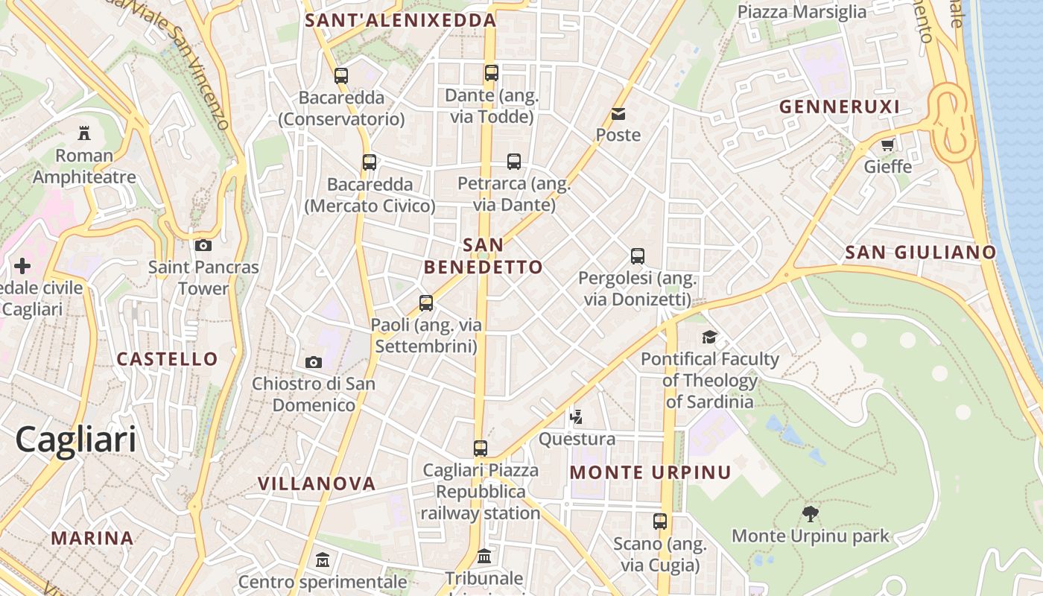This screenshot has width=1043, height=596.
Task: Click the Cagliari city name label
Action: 76,440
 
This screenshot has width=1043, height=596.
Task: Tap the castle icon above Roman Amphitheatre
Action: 84,133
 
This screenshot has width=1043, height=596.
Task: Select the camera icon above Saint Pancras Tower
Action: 203,245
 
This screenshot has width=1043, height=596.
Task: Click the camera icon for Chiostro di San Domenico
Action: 314,362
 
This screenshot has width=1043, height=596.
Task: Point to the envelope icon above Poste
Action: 618,114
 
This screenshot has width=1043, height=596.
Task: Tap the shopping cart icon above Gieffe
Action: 887,145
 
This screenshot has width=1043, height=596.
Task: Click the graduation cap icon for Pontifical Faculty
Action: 709,337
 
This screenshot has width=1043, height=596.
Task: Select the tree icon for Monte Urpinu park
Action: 811,513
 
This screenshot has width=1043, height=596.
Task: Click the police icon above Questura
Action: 576,417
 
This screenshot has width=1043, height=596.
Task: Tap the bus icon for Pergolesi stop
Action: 638,256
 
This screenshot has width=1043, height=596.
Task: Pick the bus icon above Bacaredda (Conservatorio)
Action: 341,75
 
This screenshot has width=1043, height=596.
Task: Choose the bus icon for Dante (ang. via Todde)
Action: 491,73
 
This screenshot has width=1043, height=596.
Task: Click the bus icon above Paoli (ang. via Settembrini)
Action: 426,303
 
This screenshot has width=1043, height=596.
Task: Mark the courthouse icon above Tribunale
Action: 484,556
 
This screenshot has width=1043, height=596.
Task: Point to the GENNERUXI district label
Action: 840,107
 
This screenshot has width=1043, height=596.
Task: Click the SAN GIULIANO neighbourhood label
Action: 920,253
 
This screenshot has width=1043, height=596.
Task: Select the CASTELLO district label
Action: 168,359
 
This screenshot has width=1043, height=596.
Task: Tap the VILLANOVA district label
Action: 317,484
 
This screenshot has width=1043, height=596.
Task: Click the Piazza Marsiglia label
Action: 802,12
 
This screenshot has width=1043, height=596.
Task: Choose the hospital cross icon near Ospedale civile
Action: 22,266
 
